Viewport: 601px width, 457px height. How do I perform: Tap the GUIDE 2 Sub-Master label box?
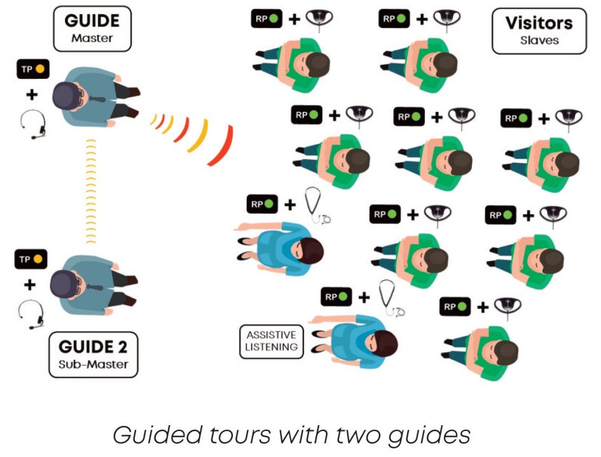point(93,354)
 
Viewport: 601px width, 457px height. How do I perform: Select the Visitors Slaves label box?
point(539,31)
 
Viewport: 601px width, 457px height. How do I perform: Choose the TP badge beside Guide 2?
point(32,259)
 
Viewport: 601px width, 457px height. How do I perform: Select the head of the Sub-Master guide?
point(64,283)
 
